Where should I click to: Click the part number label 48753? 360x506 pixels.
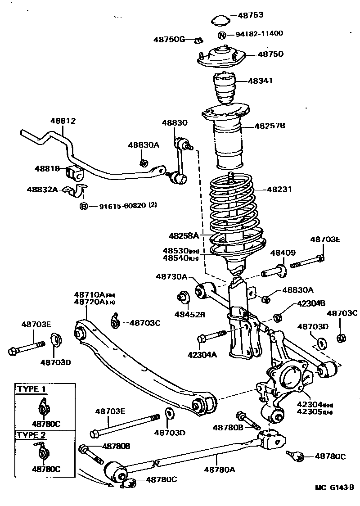[x=251, y=15]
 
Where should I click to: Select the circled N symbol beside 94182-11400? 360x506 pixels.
[x=222, y=35]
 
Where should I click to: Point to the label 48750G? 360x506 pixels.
[x=169, y=39]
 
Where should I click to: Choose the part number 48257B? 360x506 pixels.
[x=270, y=126]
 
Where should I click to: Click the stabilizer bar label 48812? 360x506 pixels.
[x=63, y=121]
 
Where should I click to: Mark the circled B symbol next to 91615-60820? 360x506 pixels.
[x=83, y=206]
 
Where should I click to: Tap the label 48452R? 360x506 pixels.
[x=190, y=314]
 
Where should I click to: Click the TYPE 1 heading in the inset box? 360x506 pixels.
[x=31, y=389]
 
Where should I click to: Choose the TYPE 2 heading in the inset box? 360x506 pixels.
[x=31, y=435]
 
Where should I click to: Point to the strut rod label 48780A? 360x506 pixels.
[x=220, y=470]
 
